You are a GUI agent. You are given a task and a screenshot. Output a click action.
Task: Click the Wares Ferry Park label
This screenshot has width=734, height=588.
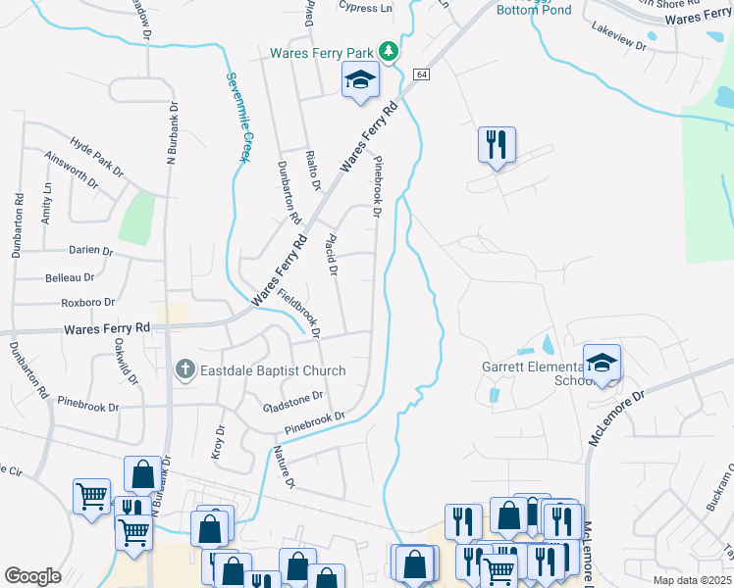click(x=325, y=51)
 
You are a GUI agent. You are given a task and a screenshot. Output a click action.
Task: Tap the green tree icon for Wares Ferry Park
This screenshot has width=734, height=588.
click(x=390, y=51)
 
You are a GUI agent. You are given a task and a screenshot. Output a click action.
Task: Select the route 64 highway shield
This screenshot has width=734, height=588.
click(x=421, y=74)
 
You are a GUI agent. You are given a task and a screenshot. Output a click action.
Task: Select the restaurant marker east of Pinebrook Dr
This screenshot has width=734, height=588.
click(x=497, y=145)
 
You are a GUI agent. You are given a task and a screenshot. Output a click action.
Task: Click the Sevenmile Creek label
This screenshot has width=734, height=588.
click(x=236, y=118)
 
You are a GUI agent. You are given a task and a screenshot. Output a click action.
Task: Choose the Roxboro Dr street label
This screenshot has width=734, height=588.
click(x=88, y=303)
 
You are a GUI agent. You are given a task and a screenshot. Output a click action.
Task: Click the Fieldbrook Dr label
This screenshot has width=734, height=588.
click(x=300, y=313)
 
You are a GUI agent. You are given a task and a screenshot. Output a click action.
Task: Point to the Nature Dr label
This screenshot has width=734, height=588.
click(x=284, y=466)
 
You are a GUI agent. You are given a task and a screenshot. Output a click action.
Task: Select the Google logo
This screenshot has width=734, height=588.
click(x=32, y=576)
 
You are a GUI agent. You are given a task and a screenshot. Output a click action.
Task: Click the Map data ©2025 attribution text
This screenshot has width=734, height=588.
click(x=691, y=580)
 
